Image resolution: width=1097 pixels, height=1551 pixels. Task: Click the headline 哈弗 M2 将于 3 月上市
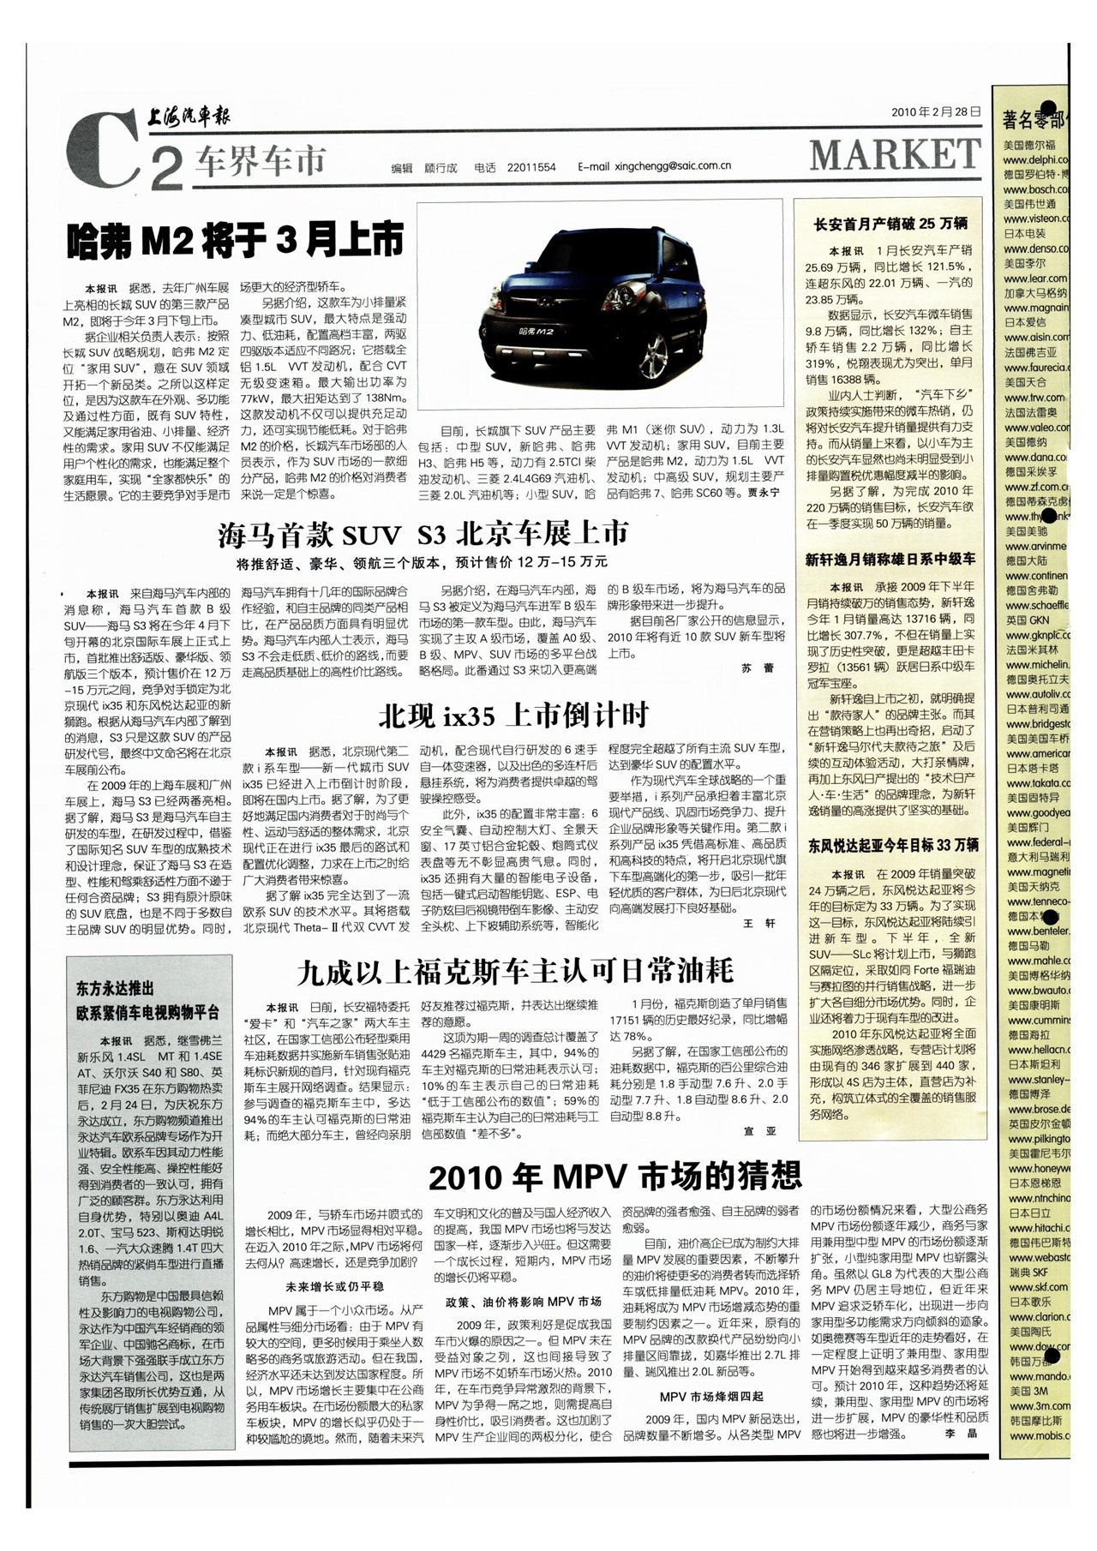point(235,241)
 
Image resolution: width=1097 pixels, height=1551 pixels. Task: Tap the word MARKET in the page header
point(896,155)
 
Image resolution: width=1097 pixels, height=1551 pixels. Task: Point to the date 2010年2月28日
point(935,112)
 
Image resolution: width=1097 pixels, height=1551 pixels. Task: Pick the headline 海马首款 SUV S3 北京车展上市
point(423,535)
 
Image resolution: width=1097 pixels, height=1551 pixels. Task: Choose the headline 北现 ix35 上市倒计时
point(513,715)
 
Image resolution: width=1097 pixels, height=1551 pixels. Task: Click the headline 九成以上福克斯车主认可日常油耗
point(515,971)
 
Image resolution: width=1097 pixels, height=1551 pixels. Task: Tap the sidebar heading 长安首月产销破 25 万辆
point(890,225)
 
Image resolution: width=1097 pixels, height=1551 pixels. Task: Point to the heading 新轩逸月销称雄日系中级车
point(890,560)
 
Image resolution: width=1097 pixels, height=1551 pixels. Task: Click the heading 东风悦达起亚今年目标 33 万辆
point(893,846)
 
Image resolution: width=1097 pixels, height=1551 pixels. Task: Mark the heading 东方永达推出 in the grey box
point(115,988)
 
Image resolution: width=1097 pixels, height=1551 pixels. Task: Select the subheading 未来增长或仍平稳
point(334,1286)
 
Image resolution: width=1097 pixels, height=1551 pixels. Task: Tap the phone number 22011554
point(531,167)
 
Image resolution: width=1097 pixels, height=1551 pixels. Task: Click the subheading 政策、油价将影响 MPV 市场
point(523,1301)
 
